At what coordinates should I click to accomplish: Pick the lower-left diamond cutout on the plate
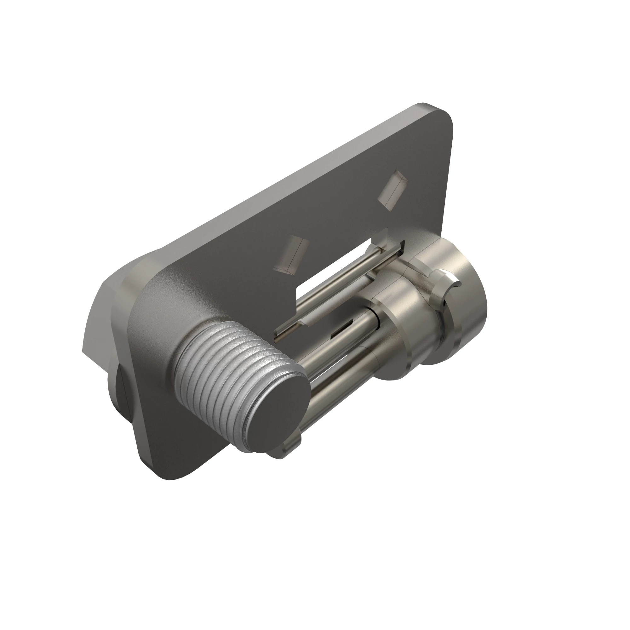coord(291,254)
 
